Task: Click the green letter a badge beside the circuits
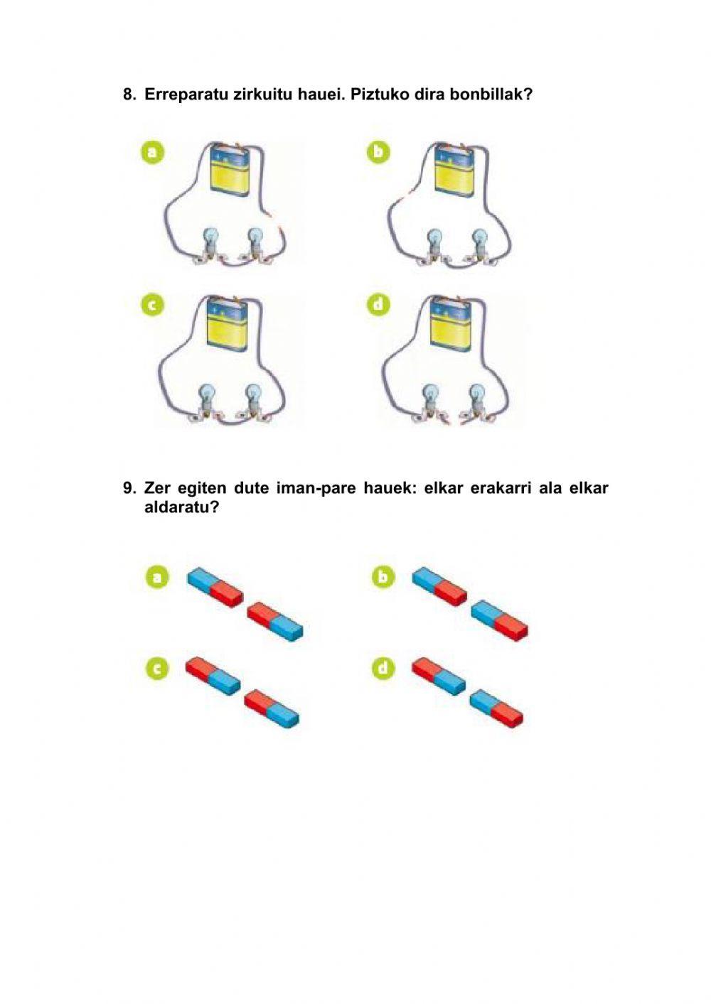[153, 152]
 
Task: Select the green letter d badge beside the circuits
[379, 305]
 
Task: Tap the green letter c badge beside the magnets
[156, 668]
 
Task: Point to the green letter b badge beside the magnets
[383, 577]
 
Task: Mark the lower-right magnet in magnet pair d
[496, 708]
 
